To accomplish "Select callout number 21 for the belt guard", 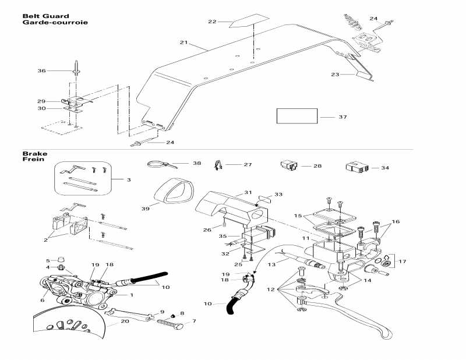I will (x=183, y=43).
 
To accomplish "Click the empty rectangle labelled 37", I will (x=296, y=115).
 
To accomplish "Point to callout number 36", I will (x=41, y=70).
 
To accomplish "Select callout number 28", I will (x=317, y=166).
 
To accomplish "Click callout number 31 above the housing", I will (x=248, y=192).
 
